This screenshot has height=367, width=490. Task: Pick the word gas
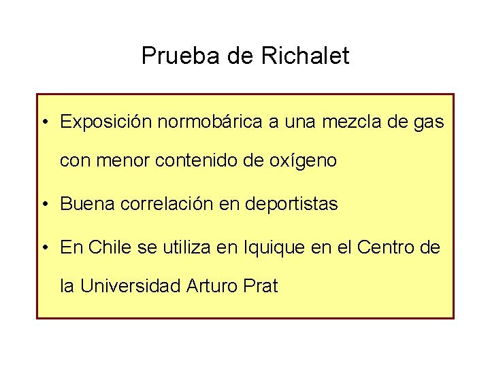(x=429, y=124)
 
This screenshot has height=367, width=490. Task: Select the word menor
(x=120, y=162)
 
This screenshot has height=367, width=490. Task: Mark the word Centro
(x=387, y=247)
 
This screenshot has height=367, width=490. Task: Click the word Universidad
(x=129, y=286)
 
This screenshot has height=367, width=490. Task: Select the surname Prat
(x=260, y=286)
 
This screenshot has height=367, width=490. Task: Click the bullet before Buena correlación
(x=44, y=204)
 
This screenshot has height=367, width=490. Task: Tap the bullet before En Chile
(x=44, y=247)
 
